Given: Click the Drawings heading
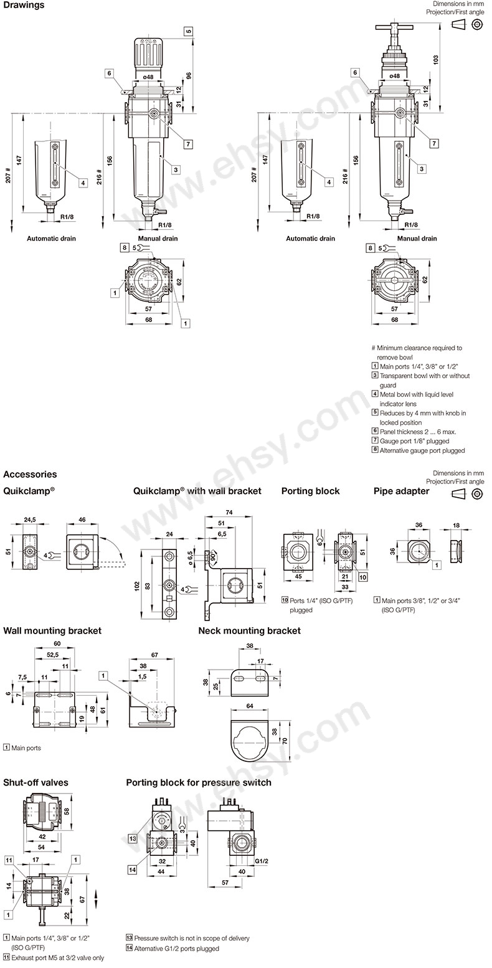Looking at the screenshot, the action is tap(24, 5).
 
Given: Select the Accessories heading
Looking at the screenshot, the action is tap(30, 474).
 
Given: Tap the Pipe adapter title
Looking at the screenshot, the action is tap(401, 491).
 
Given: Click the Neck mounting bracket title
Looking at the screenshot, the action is tap(249, 630).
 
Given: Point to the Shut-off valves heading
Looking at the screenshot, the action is tap(35, 782).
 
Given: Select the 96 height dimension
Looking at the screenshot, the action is tap(188, 76).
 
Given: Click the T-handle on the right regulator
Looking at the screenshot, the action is tap(394, 27).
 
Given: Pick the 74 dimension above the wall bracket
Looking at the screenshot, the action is tap(229, 513).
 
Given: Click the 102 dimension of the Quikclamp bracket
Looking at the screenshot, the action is tap(136, 586).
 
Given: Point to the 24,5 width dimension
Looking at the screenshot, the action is tap(30, 520).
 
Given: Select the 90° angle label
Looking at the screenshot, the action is tap(214, 558).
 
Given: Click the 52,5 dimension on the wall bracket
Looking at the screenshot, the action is tap(53, 655).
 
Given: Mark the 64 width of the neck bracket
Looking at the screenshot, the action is tap(250, 706).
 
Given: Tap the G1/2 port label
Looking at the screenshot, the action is tap(262, 861).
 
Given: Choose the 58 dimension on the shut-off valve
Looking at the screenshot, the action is tap(67, 810).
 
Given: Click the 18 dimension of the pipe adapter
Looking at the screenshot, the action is tap(456, 526).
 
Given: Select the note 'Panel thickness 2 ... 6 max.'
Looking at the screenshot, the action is tap(414, 432).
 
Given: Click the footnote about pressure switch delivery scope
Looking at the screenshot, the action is tap(187, 938).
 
